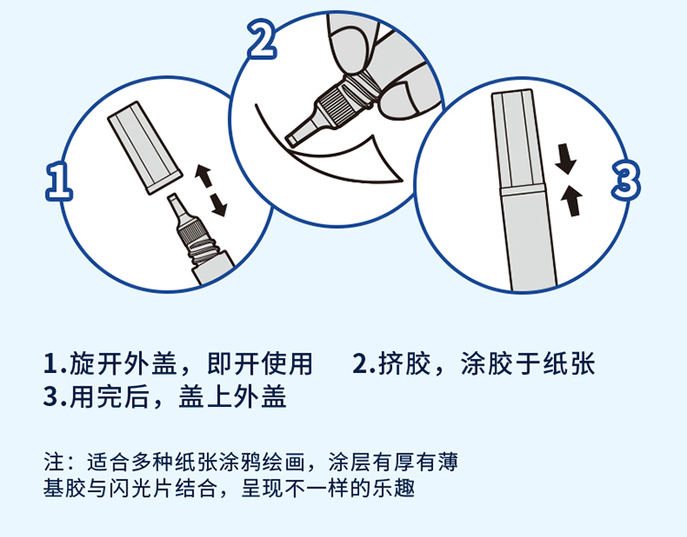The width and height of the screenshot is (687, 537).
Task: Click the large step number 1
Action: point(59,181)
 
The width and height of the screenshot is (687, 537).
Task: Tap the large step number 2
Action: point(262,38)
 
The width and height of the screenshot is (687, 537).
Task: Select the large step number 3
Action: point(626,181)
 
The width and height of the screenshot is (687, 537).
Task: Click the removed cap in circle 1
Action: point(145,148)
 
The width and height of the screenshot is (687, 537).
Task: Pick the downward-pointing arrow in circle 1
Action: point(218,204)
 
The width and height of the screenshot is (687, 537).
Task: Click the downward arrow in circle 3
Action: point(565,159)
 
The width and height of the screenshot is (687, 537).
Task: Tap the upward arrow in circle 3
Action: point(572,201)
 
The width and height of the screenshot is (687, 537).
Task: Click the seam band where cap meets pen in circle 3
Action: point(522,191)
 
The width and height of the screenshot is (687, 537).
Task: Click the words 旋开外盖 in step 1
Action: point(123,364)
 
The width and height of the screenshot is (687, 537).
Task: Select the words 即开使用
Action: point(260,364)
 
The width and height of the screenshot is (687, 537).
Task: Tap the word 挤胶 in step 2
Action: point(404,364)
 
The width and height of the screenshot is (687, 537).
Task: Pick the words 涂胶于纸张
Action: point(528,364)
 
